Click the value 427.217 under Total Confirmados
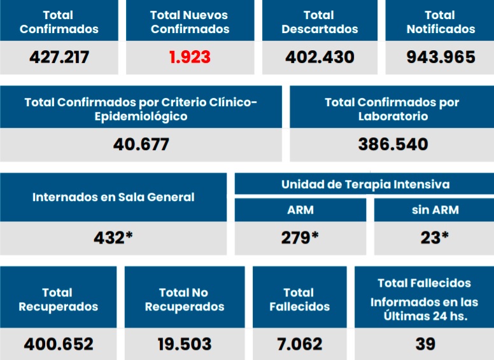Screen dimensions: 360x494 point(59,57)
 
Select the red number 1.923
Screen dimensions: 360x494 point(190,57)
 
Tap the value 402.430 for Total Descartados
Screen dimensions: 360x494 point(320,57)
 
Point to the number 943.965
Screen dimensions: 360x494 point(441,57)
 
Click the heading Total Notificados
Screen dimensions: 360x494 point(441,22)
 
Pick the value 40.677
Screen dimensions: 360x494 point(141,144)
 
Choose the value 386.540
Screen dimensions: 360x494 point(393,144)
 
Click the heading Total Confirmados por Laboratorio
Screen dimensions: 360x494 point(392,109)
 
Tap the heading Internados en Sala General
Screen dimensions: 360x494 point(113,197)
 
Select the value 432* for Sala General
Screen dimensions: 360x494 point(113,238)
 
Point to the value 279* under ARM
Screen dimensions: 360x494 point(300,238)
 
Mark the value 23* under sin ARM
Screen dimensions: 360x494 point(435,238)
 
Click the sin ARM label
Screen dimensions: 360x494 point(435,210)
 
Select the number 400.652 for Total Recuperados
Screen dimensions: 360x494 point(59,344)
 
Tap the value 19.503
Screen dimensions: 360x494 point(185,344)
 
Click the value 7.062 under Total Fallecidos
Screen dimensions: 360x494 point(300,344)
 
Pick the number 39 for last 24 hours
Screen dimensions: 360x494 point(425,344)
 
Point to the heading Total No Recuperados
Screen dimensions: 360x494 point(185,300)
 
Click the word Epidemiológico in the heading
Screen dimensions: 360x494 point(141,116)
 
